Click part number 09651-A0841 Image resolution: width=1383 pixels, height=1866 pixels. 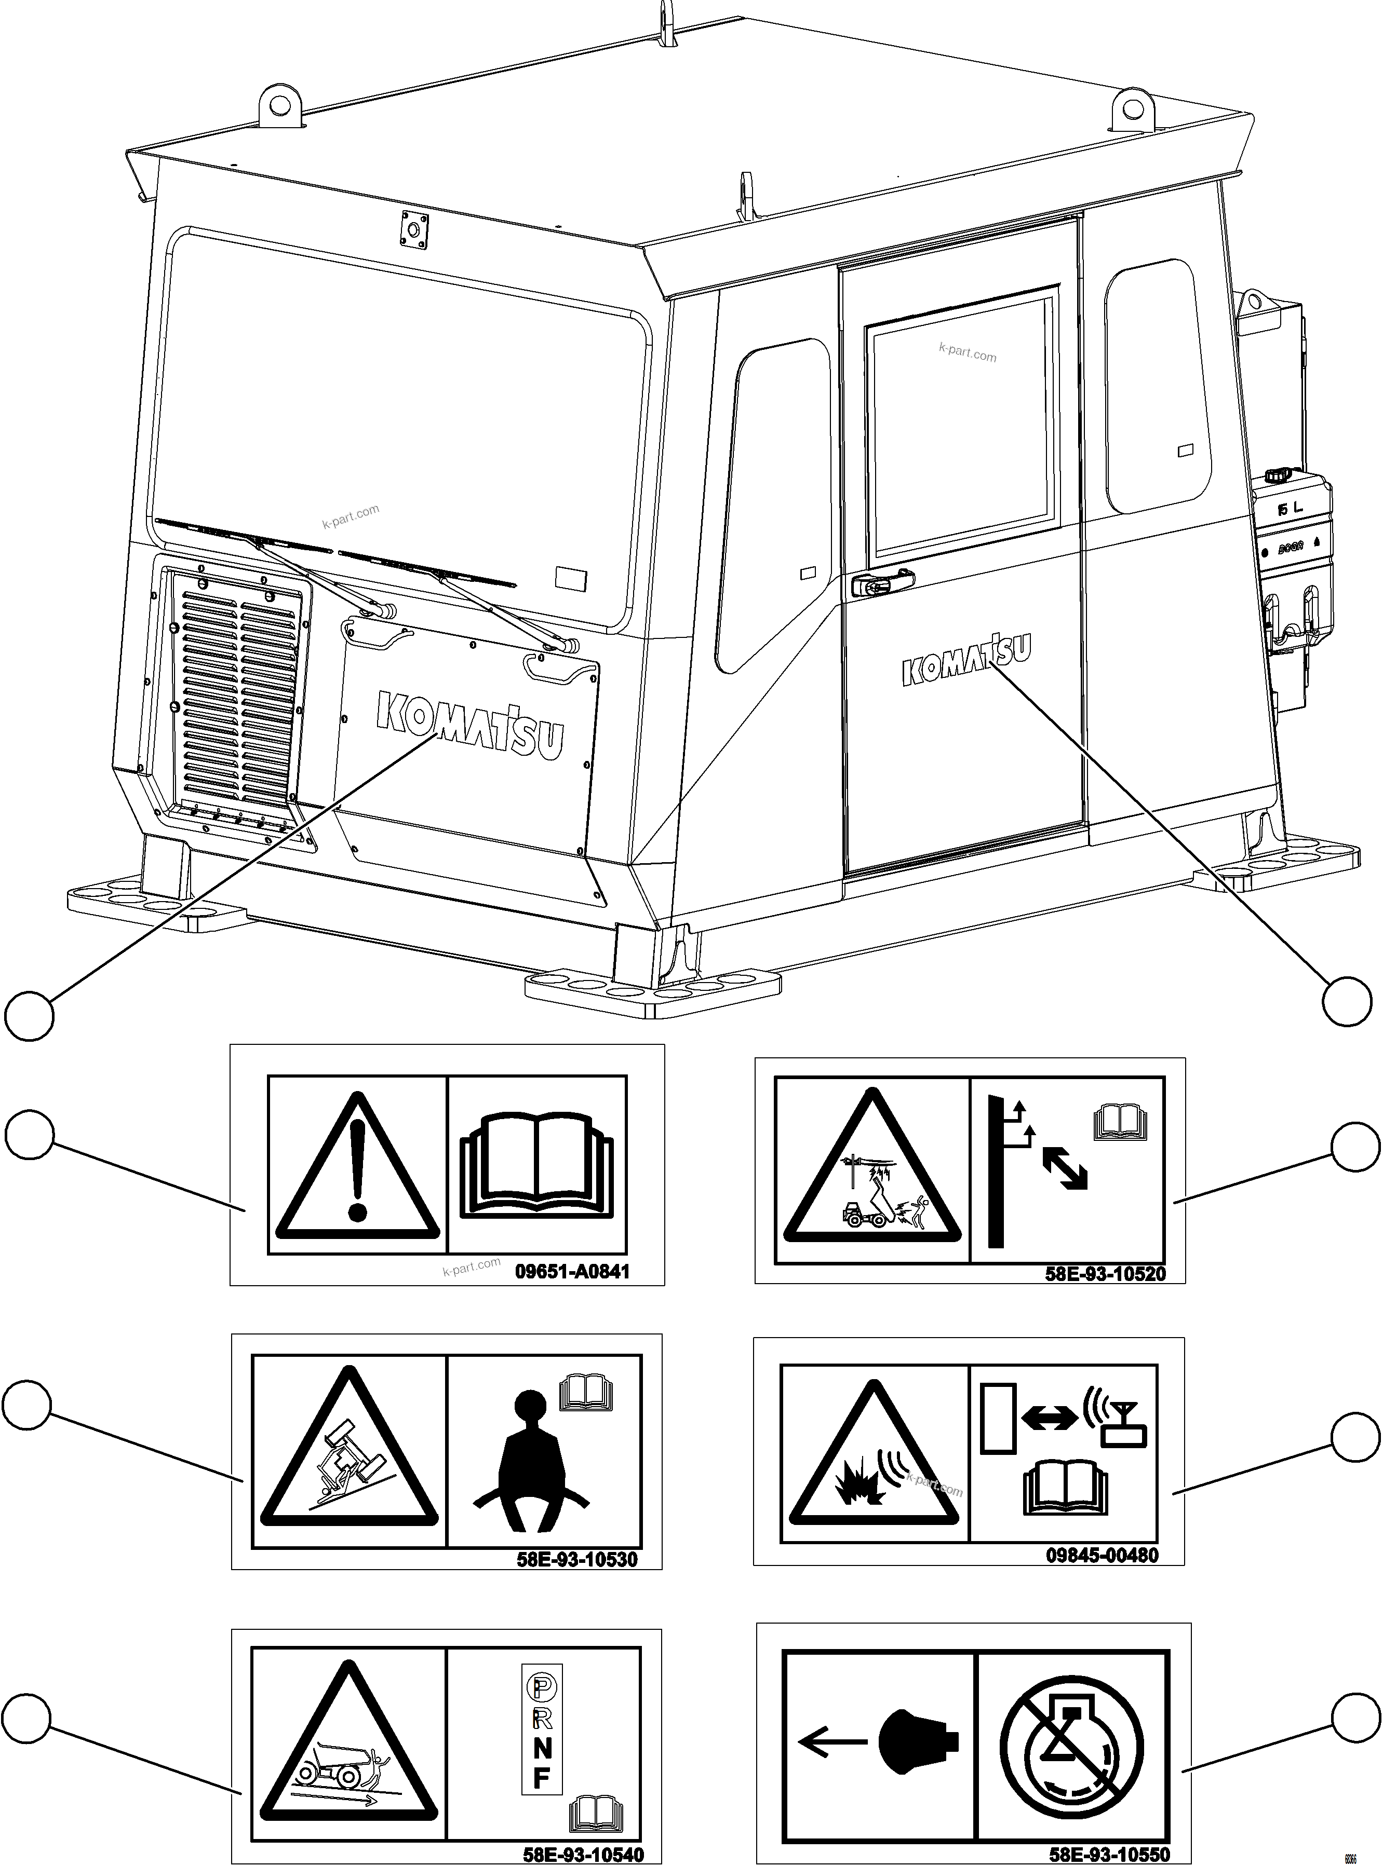[x=572, y=1272]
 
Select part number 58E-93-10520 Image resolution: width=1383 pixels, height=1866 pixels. [x=1105, y=1274]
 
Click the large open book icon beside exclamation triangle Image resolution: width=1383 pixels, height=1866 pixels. [x=536, y=1163]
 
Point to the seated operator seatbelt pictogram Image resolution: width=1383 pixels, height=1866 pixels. [x=528, y=1448]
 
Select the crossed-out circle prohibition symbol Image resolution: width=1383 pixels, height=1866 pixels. [x=1071, y=1744]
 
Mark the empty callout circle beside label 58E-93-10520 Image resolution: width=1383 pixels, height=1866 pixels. [x=1354, y=1147]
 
